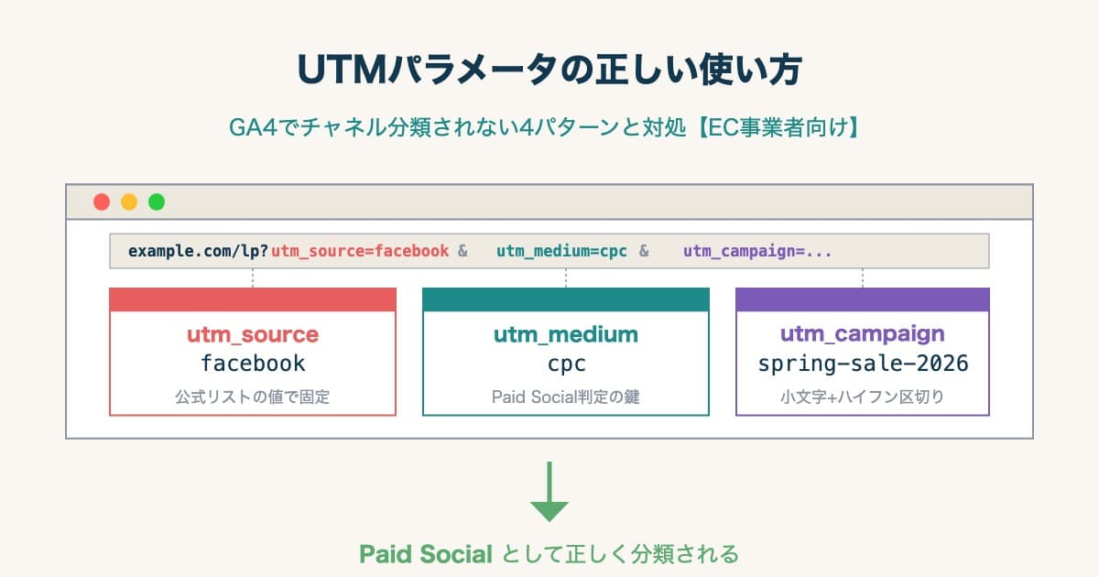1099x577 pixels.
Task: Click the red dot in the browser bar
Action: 102,201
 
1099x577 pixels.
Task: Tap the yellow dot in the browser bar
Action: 129,201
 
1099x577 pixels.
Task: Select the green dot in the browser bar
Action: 157,201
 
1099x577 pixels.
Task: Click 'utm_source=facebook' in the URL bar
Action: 360,251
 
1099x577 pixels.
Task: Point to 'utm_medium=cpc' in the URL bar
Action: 561,251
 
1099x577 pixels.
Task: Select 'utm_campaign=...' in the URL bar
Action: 757,251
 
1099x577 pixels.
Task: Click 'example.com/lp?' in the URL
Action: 198,251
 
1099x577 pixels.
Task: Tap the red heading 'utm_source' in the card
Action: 253,334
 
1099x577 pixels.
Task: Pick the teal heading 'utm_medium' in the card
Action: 566,334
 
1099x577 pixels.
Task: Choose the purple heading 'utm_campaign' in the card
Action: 862,334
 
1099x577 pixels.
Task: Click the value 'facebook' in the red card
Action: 253,364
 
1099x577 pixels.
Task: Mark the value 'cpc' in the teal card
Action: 566,364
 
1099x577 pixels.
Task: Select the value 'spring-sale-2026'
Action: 862,364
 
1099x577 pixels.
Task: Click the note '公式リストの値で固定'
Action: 253,397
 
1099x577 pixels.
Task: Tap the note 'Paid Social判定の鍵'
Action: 566,397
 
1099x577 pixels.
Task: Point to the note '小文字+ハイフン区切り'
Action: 862,397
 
